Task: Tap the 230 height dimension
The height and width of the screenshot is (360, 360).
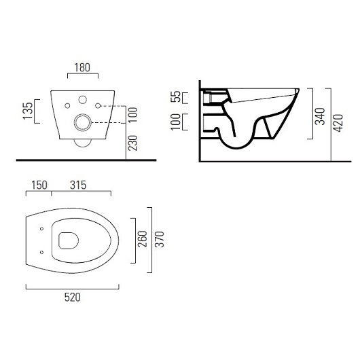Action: coord(133,143)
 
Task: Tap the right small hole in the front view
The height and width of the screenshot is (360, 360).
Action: coord(99,105)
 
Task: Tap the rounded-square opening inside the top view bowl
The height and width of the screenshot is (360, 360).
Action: coord(69,240)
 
